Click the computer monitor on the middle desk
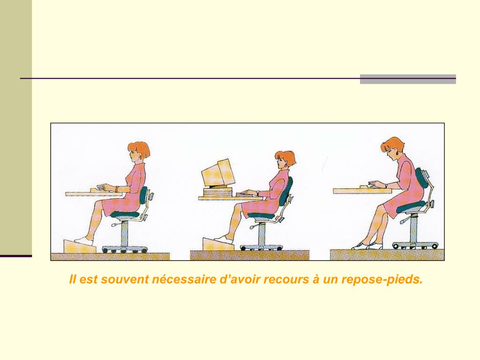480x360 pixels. [218, 173]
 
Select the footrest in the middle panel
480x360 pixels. [218, 244]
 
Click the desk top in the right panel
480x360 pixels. [363, 191]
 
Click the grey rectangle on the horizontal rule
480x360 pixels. [408, 79]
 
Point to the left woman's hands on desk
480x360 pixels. [105, 187]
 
